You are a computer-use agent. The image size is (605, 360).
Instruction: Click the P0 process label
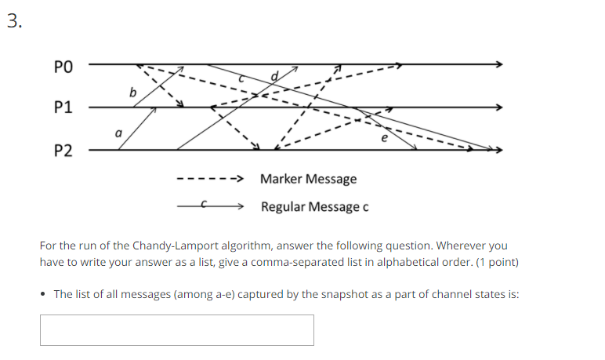(62, 65)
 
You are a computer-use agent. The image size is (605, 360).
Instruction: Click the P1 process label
(62, 107)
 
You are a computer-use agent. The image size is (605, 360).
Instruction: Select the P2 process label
(62, 151)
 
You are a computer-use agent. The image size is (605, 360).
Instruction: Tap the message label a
(118, 134)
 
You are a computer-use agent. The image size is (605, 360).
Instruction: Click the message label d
(274, 76)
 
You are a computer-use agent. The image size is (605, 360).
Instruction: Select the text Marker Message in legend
(308, 179)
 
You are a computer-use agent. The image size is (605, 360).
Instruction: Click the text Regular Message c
(314, 207)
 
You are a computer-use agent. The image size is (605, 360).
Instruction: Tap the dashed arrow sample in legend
(209, 180)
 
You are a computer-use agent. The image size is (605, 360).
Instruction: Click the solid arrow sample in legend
(209, 207)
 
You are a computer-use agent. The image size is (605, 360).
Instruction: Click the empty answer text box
(176, 330)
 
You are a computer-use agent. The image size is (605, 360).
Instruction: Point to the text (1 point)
(496, 261)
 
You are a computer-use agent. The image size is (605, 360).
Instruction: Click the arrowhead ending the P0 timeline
(498, 64)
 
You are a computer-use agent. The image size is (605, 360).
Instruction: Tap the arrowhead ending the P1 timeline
(498, 107)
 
